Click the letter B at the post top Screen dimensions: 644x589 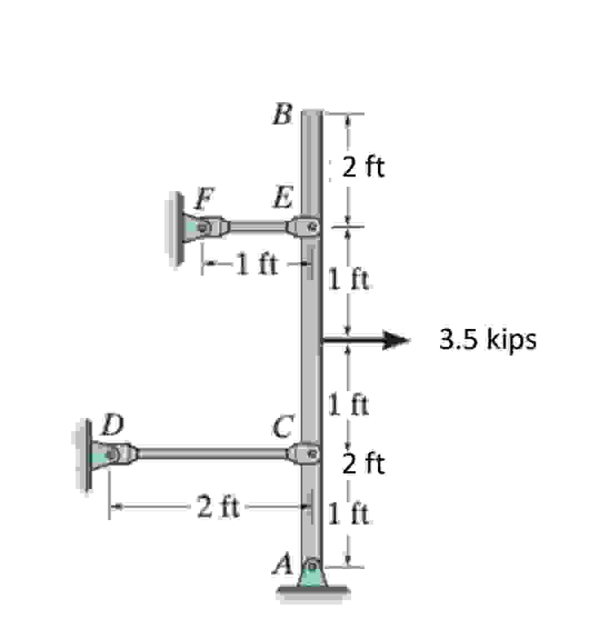click(283, 115)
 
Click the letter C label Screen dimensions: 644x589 click(283, 426)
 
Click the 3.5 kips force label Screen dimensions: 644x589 click(488, 340)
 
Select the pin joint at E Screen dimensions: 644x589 click(312, 227)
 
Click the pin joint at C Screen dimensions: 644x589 click(312, 453)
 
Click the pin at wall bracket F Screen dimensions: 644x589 click(203, 227)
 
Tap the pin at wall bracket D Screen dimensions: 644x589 click(113, 454)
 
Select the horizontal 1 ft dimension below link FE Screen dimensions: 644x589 click(256, 264)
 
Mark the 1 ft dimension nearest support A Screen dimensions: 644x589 click(348, 514)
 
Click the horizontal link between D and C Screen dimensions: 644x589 click(211, 453)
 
